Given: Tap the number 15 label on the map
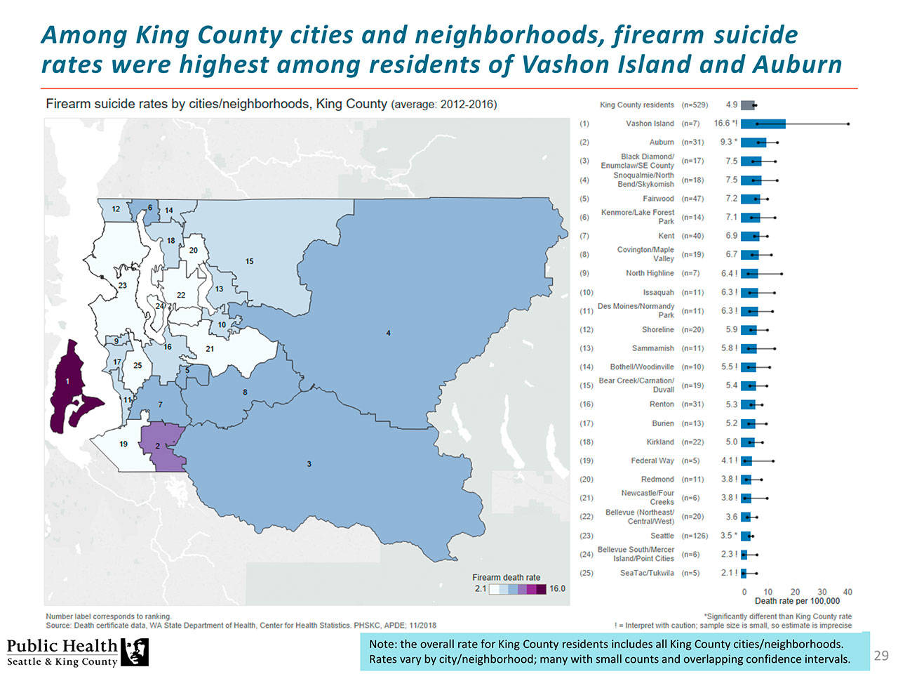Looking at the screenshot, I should tap(249, 261).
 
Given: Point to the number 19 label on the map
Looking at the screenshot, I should tap(123, 444).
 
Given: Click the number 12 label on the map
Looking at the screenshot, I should tap(116, 209).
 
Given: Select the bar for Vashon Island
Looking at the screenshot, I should tap(763, 124).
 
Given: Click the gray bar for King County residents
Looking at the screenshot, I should tap(747, 105).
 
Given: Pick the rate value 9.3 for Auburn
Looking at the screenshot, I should tap(727, 143).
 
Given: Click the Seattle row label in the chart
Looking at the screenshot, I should tap(662, 536).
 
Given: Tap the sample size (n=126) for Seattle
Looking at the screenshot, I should tap(695, 536).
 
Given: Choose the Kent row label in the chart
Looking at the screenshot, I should tap(666, 236).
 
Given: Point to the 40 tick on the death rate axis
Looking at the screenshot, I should tap(847, 592).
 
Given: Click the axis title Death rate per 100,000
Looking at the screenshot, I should tap(797, 601).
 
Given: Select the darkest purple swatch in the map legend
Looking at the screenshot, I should tap(541, 589).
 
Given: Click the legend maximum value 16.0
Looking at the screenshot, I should tap(557, 589).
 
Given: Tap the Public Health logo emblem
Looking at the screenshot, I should tap(135, 652).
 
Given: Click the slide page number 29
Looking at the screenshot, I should tap(881, 656).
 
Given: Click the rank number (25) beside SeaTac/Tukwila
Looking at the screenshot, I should tap(586, 573).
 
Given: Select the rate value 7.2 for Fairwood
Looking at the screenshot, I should tap(731, 199).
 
